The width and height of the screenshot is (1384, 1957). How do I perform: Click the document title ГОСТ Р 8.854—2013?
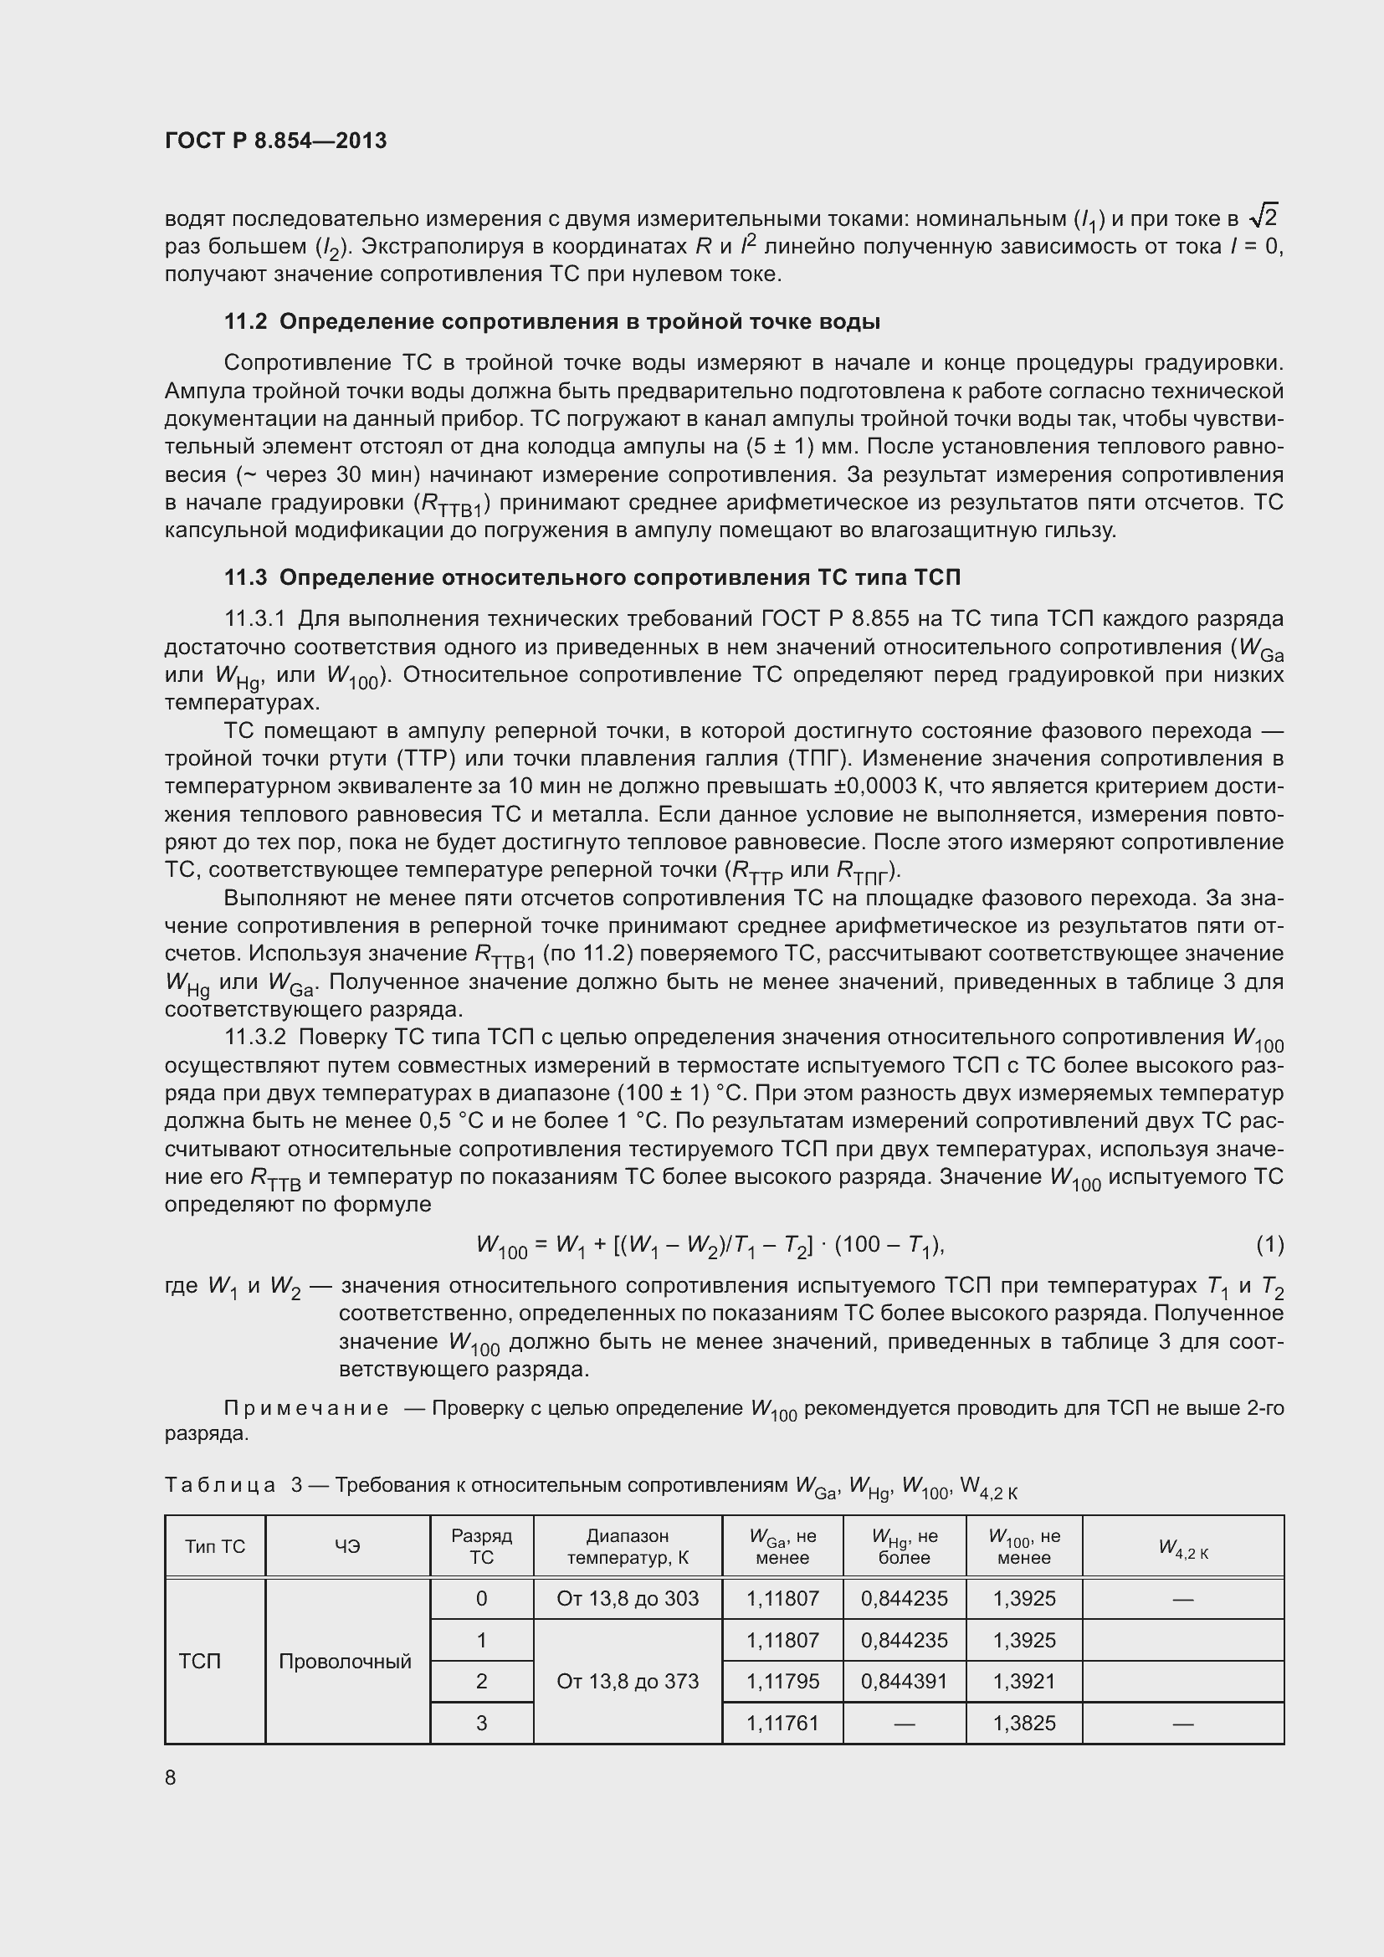pos(275,141)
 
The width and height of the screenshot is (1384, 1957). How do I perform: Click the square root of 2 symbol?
pos(1263,217)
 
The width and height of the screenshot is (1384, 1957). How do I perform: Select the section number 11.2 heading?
pos(245,321)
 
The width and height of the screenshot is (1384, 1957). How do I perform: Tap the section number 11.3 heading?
pos(245,577)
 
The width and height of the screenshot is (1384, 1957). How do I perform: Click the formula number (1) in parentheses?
pos(1269,1244)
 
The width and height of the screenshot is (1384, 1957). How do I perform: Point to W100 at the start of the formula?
pos(502,1247)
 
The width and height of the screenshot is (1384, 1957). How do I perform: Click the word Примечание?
pos(306,1409)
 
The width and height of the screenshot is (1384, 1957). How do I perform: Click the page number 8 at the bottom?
pos(171,1777)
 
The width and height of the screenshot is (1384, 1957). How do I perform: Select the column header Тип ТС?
pos(215,1547)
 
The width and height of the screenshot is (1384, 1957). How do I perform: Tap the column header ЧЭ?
pos(348,1547)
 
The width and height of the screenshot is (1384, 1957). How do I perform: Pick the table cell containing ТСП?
pos(200,1662)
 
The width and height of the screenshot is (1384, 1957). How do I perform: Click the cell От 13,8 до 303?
pos(628,1599)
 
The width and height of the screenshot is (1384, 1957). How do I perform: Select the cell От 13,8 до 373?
pos(628,1682)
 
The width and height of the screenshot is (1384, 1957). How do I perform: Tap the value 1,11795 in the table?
pos(782,1682)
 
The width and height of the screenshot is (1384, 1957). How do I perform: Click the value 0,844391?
pos(905,1682)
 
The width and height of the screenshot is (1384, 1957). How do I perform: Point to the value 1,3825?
pos(1023,1724)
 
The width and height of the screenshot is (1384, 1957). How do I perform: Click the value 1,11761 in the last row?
pos(782,1724)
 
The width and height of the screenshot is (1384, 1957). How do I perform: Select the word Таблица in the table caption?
pos(220,1486)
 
